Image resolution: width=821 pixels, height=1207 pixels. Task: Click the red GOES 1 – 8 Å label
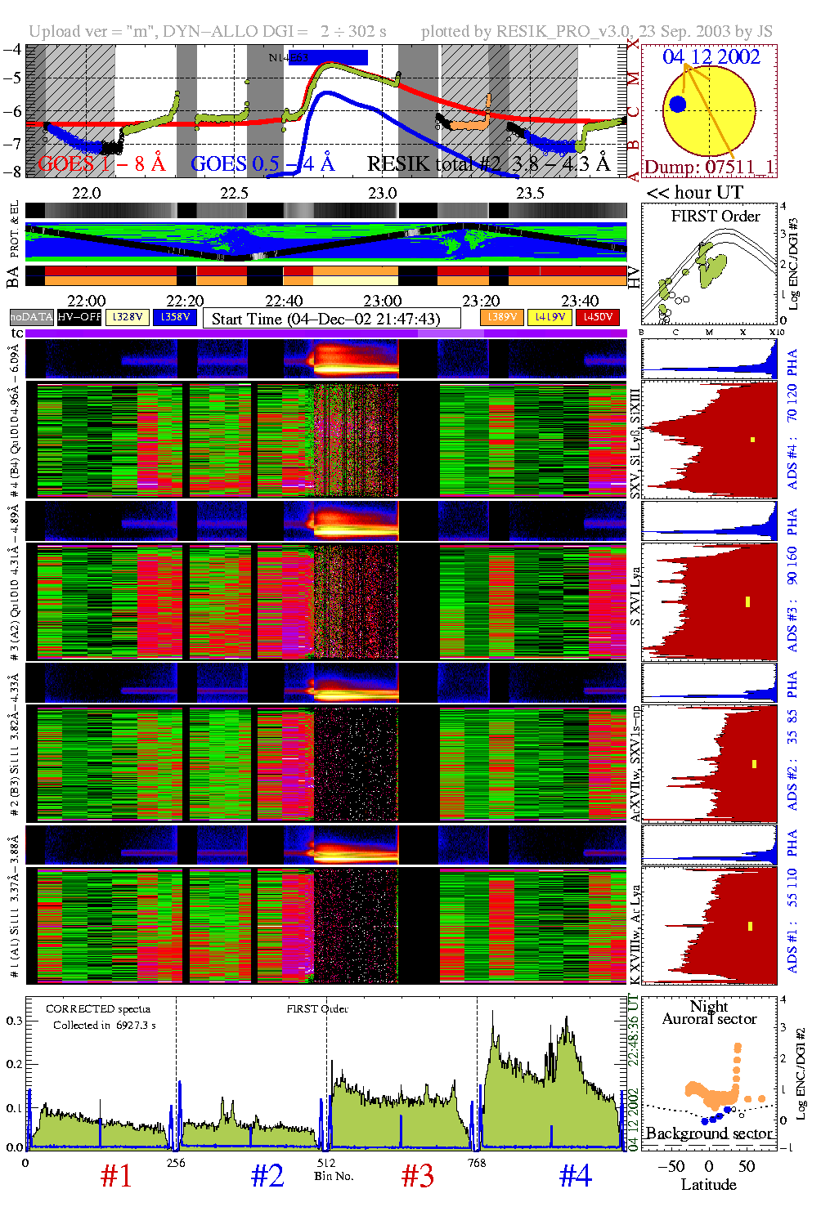(101, 164)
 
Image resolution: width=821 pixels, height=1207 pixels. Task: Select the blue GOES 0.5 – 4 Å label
(262, 164)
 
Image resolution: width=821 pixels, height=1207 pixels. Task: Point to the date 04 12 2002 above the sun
(711, 57)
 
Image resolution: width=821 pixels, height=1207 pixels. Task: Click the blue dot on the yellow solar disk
(677, 104)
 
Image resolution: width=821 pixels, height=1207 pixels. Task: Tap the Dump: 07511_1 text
(709, 168)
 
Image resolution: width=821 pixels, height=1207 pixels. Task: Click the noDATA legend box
(32, 317)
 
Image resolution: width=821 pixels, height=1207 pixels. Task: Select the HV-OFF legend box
(80, 317)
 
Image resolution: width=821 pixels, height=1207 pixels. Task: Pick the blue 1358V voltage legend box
(175, 317)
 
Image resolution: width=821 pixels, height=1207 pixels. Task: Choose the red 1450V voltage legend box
(598, 317)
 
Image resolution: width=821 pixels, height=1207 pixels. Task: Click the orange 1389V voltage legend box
(501, 317)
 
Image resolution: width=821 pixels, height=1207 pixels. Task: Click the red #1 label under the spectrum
(116, 1176)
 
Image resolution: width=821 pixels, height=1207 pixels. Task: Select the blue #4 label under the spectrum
(576, 1176)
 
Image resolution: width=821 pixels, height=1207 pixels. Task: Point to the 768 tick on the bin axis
(477, 1163)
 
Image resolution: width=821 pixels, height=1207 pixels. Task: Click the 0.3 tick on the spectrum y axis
(15, 1021)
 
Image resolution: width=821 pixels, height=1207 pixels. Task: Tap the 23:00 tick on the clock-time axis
(383, 302)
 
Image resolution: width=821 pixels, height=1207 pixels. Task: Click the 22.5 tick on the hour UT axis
(234, 193)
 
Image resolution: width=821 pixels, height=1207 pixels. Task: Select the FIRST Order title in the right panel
(716, 217)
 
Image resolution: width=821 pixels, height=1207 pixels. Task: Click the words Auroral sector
(709, 1019)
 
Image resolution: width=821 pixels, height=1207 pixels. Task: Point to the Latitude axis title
(708, 1185)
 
